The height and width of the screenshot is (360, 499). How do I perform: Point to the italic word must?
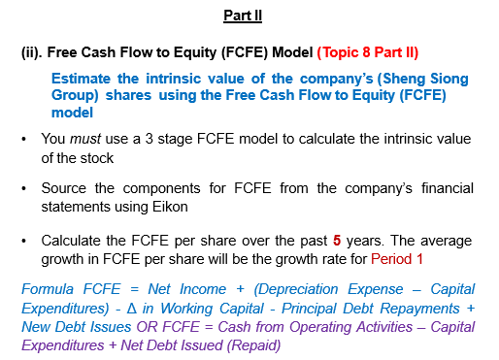87,140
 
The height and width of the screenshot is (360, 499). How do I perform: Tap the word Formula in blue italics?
49,290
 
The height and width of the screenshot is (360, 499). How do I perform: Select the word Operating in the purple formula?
312,325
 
